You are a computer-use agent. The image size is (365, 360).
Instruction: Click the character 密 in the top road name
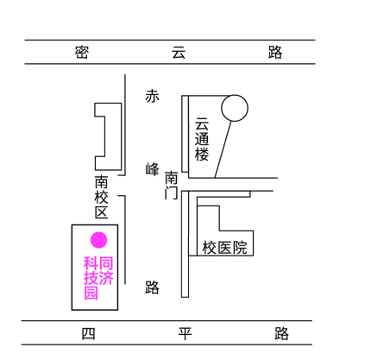(82, 52)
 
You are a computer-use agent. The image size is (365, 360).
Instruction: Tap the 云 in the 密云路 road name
(179, 52)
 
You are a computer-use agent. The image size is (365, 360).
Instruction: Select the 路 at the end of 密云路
(275, 52)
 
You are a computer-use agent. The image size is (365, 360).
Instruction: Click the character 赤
(152, 96)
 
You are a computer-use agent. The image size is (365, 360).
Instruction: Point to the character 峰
(152, 169)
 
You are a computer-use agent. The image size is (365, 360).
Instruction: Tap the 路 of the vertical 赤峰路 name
(152, 287)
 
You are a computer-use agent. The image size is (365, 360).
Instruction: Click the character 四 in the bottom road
(88, 333)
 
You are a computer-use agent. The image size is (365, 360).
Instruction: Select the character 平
(185, 333)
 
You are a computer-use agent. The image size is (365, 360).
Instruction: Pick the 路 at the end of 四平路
(281, 333)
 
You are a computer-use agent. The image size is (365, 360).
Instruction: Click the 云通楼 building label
(202, 139)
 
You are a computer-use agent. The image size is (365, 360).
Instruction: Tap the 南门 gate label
(172, 185)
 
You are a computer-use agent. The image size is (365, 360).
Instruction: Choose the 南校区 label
(102, 197)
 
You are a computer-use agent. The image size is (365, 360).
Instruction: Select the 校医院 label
(224, 248)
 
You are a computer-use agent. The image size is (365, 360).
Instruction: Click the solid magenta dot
(99, 240)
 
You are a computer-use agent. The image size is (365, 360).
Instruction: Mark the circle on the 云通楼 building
(235, 108)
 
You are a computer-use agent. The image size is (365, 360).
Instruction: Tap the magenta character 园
(91, 293)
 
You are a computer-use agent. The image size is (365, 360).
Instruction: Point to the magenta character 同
(106, 263)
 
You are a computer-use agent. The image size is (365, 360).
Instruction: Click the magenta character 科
(91, 263)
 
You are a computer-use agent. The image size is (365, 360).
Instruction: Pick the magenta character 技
(91, 278)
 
